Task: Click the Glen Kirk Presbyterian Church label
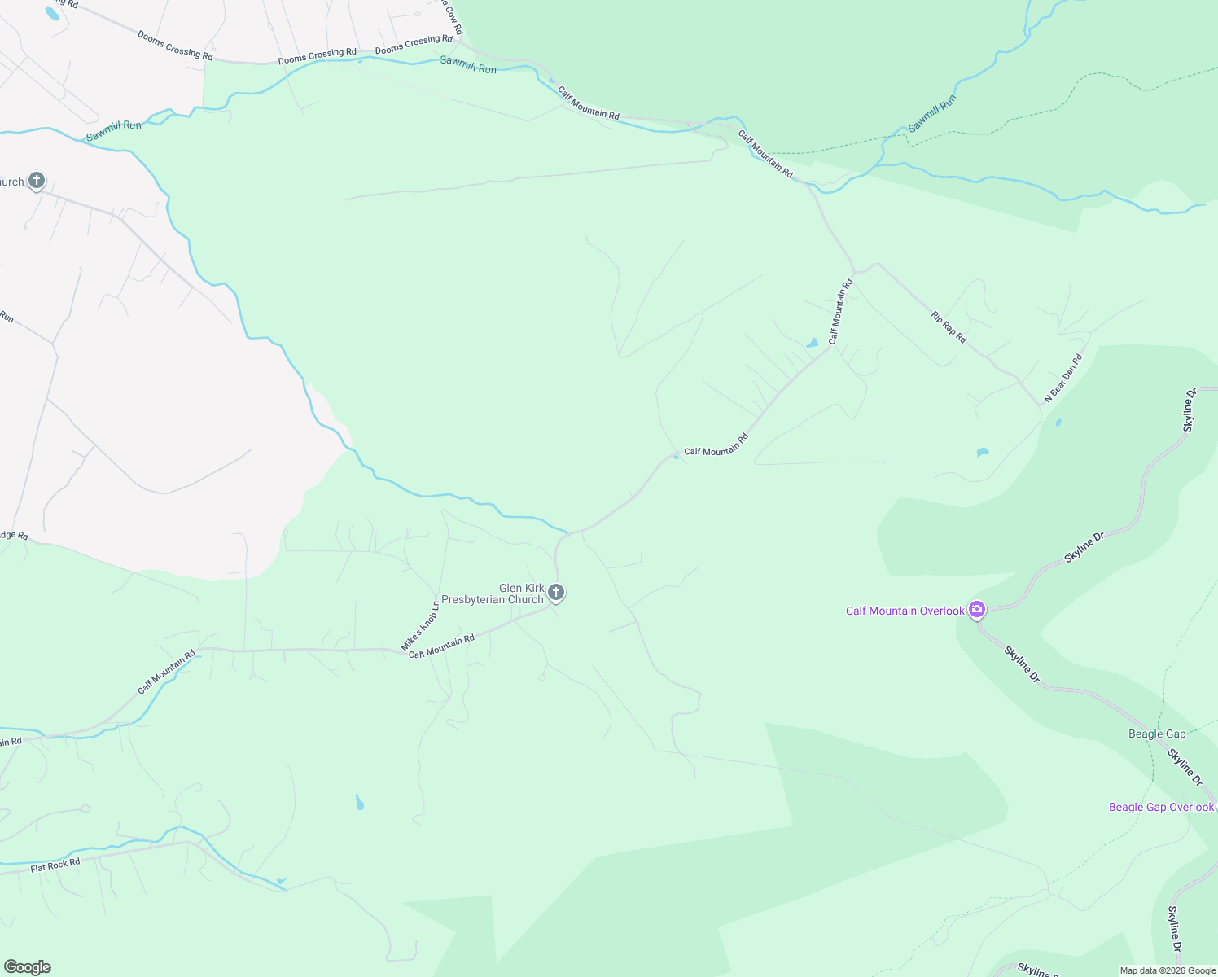(521, 594)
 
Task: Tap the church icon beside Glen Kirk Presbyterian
(556, 592)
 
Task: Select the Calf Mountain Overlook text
(905, 611)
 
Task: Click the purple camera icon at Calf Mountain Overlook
(977, 610)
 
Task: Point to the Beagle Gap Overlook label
(1161, 807)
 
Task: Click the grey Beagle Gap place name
(1156, 734)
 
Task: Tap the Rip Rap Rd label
(949, 326)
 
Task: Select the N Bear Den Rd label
(1063, 377)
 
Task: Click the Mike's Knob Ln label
(420, 626)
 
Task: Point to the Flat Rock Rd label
(55, 865)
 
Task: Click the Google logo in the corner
(28, 967)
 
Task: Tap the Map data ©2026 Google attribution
(1168, 970)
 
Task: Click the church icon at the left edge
(36, 180)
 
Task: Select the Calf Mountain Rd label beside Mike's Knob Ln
(441, 646)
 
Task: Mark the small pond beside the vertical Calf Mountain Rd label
(812, 343)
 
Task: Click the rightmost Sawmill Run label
(932, 114)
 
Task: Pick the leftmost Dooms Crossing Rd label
(175, 46)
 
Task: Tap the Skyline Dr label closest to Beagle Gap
(1185, 767)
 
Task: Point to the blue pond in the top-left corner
(52, 13)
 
